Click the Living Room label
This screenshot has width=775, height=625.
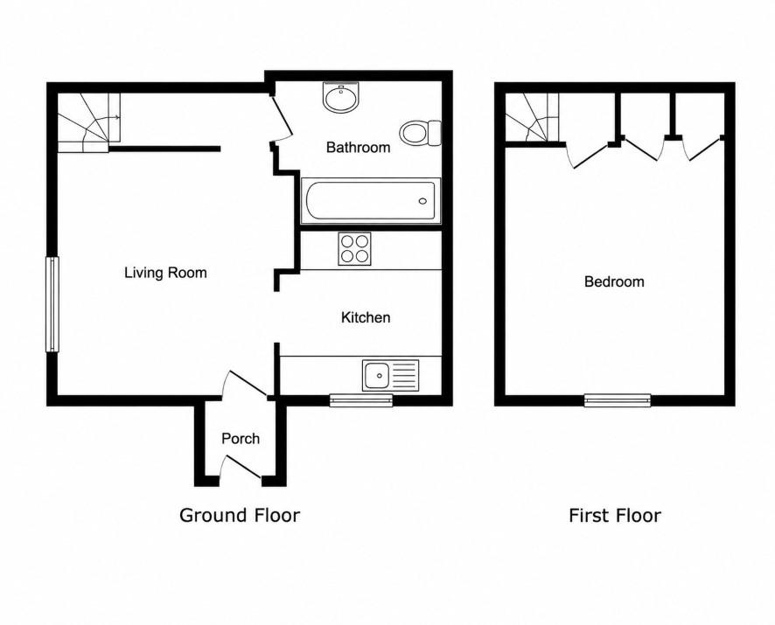[165, 273]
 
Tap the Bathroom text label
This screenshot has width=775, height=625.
[358, 147]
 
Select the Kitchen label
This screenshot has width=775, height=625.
[366, 317]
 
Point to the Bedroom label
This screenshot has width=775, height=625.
[614, 281]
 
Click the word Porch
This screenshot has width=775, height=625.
[241, 439]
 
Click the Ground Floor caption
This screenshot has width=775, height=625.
[240, 516]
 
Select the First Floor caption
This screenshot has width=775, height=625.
[615, 516]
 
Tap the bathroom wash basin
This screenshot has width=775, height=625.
[340, 97]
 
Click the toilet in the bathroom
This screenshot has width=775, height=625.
[420, 133]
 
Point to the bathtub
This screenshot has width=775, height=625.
[371, 201]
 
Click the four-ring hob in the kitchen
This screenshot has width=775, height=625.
[354, 249]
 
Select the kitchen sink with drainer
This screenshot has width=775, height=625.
[390, 374]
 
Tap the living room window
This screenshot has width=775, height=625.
[52, 304]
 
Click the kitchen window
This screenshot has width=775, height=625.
[361, 400]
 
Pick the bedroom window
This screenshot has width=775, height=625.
[618, 400]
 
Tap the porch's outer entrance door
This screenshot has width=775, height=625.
[241, 469]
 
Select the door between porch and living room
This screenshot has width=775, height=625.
[246, 384]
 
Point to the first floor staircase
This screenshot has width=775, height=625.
[532, 118]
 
